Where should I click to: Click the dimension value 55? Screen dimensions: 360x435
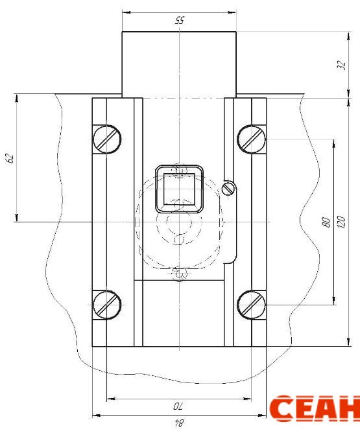[x=180, y=21]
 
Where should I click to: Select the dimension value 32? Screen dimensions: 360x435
[x=342, y=65]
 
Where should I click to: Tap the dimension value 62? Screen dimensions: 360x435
[x=10, y=158]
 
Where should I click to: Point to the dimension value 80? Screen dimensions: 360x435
[x=327, y=222]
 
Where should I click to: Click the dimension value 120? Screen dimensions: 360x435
[x=342, y=222]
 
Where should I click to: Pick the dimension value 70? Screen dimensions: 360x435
[x=178, y=406]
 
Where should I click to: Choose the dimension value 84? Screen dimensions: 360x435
[x=179, y=423]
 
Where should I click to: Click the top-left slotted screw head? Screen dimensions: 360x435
[x=107, y=139]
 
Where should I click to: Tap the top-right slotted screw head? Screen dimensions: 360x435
[x=252, y=139]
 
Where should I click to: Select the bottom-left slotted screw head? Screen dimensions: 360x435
[x=107, y=305]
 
